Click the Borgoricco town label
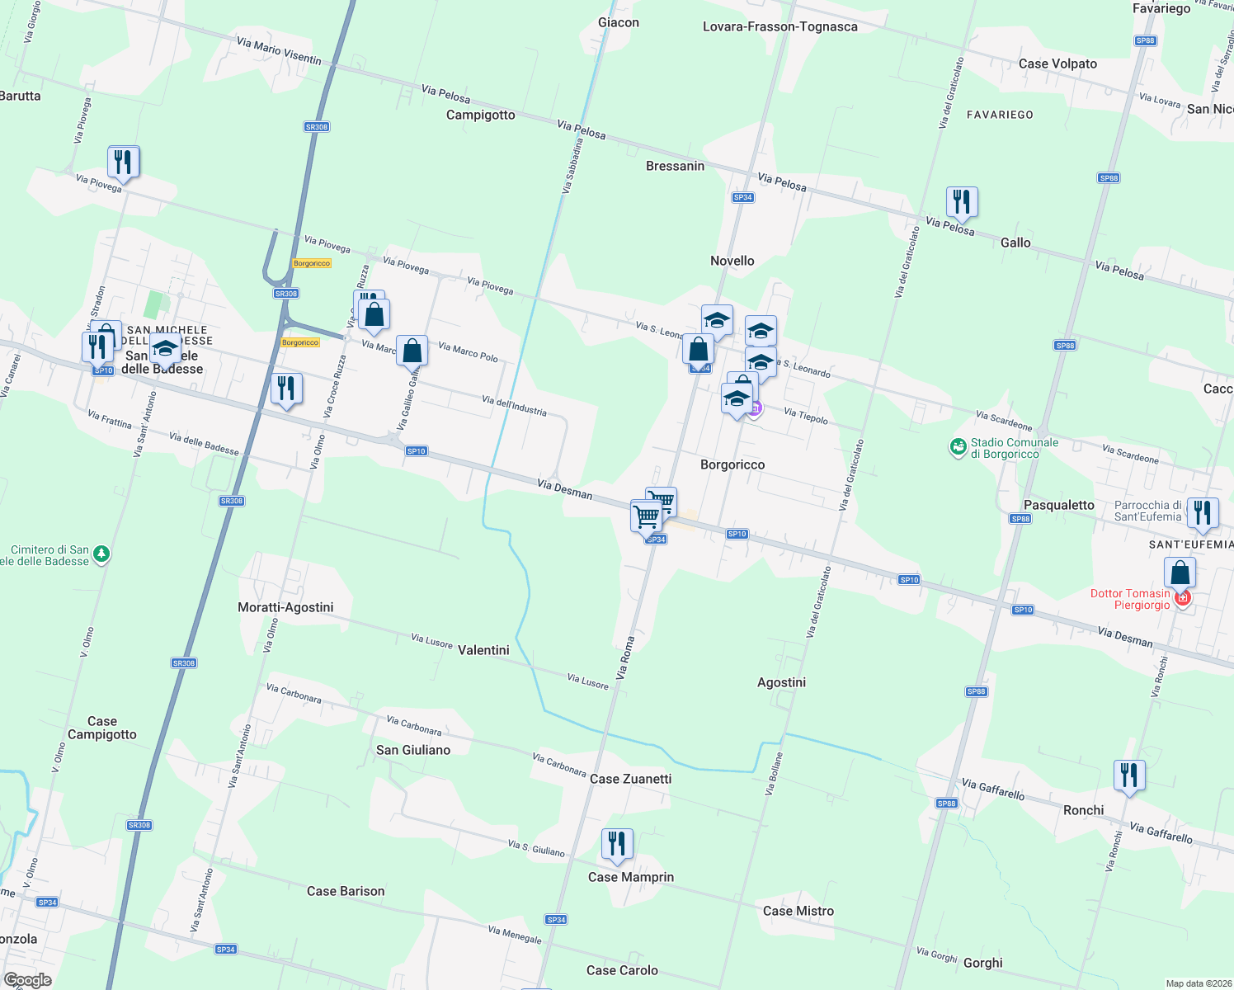pyautogui.click(x=732, y=464)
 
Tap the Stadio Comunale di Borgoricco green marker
pyautogui.click(x=958, y=447)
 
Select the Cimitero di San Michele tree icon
pyautogui.click(x=101, y=554)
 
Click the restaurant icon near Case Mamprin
pyautogui.click(x=617, y=845)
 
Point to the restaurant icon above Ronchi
pyautogui.click(x=1129, y=776)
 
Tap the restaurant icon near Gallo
pyautogui.click(x=962, y=202)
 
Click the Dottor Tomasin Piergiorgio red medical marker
pyautogui.click(x=1183, y=597)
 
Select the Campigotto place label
pyautogui.click(x=480, y=115)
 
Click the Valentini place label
pyautogui.click(x=483, y=650)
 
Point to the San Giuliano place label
pyautogui.click(x=413, y=750)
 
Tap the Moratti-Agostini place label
pyautogui.click(x=285, y=607)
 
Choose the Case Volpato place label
pyautogui.click(x=1057, y=64)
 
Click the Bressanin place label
pyautogui.click(x=675, y=166)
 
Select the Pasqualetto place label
pyautogui.click(x=1059, y=505)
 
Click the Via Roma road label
pyautogui.click(x=626, y=657)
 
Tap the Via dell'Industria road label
pyautogui.click(x=514, y=405)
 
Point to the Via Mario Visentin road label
pyautogui.click(x=279, y=50)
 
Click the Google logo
pyautogui.click(x=27, y=980)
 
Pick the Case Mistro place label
pyautogui.click(x=798, y=911)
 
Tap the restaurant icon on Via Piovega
pyautogui.click(x=123, y=163)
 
